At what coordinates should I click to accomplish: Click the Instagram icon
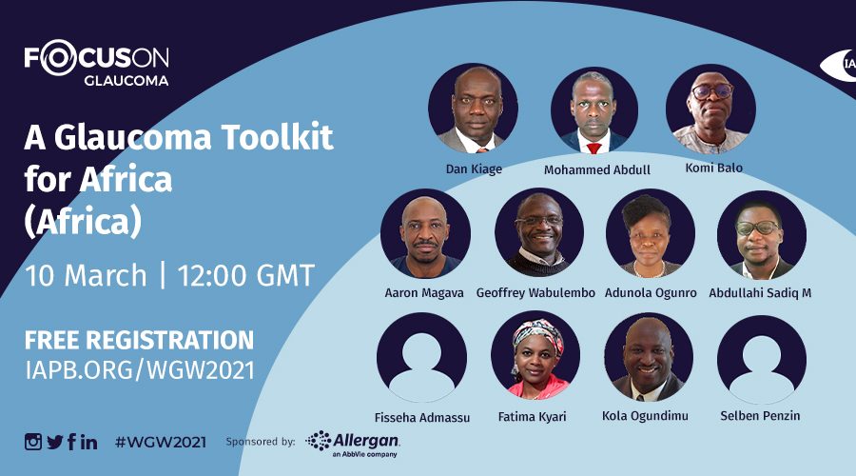[x=32, y=441]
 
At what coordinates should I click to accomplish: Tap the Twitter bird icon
[x=55, y=442]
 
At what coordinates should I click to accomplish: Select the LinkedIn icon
[x=89, y=442]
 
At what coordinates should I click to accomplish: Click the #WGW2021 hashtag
[x=161, y=442]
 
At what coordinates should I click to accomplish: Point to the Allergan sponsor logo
[x=353, y=444]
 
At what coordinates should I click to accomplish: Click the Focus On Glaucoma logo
[x=97, y=63]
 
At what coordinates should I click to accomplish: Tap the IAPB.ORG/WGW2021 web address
[x=140, y=370]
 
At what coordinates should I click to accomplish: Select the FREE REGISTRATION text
[x=139, y=340]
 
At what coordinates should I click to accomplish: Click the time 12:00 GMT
[x=245, y=275]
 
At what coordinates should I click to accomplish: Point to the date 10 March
[x=86, y=275]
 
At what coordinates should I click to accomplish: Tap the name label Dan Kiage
[x=474, y=169]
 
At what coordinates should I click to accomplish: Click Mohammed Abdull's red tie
[x=593, y=148]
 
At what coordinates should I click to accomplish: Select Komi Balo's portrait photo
[x=710, y=109]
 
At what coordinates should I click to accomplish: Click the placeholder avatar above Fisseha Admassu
[x=421, y=357]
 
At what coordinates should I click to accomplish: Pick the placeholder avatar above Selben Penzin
[x=762, y=360]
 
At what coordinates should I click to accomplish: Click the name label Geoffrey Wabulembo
[x=535, y=293]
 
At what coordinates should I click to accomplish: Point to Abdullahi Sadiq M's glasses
[x=758, y=228]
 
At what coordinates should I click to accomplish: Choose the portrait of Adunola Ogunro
[x=651, y=233]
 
